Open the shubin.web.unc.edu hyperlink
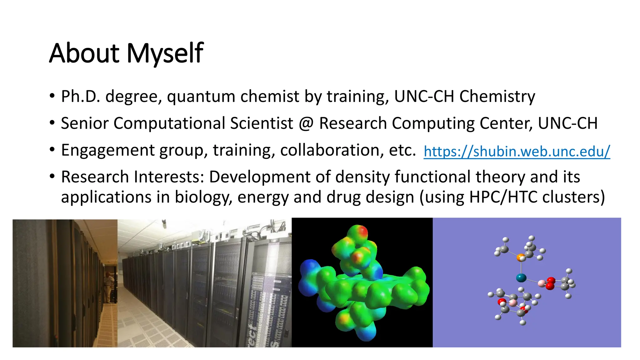[517, 152]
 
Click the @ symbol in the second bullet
[306, 123]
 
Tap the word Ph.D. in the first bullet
[80, 96]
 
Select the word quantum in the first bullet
[201, 96]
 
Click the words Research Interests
[132, 177]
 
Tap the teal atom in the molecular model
[521, 277]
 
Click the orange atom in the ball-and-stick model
[520, 257]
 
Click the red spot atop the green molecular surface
[362, 232]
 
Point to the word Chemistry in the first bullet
[497, 96]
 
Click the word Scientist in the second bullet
[262, 123]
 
